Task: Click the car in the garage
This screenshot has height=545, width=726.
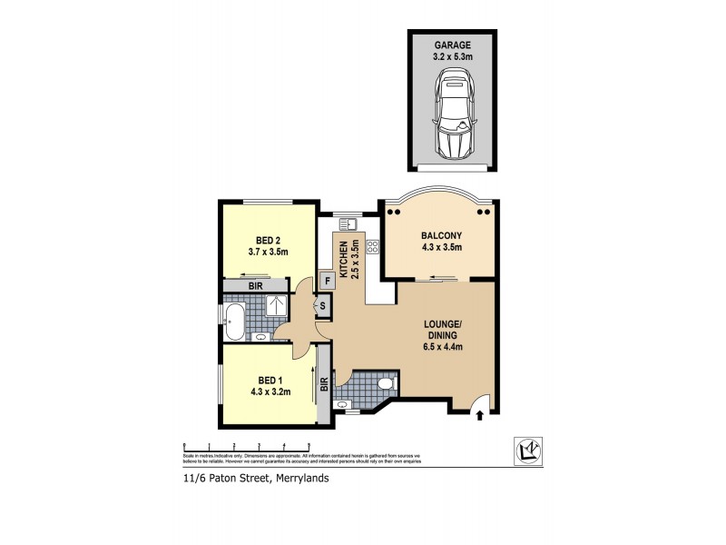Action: tap(452, 114)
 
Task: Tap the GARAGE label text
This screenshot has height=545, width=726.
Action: tap(451, 44)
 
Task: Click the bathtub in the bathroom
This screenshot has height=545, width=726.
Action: tap(233, 317)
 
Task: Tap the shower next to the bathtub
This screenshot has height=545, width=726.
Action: tap(272, 305)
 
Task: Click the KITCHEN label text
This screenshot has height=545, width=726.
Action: tap(344, 261)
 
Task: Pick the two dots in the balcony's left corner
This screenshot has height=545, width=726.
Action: tap(392, 211)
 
